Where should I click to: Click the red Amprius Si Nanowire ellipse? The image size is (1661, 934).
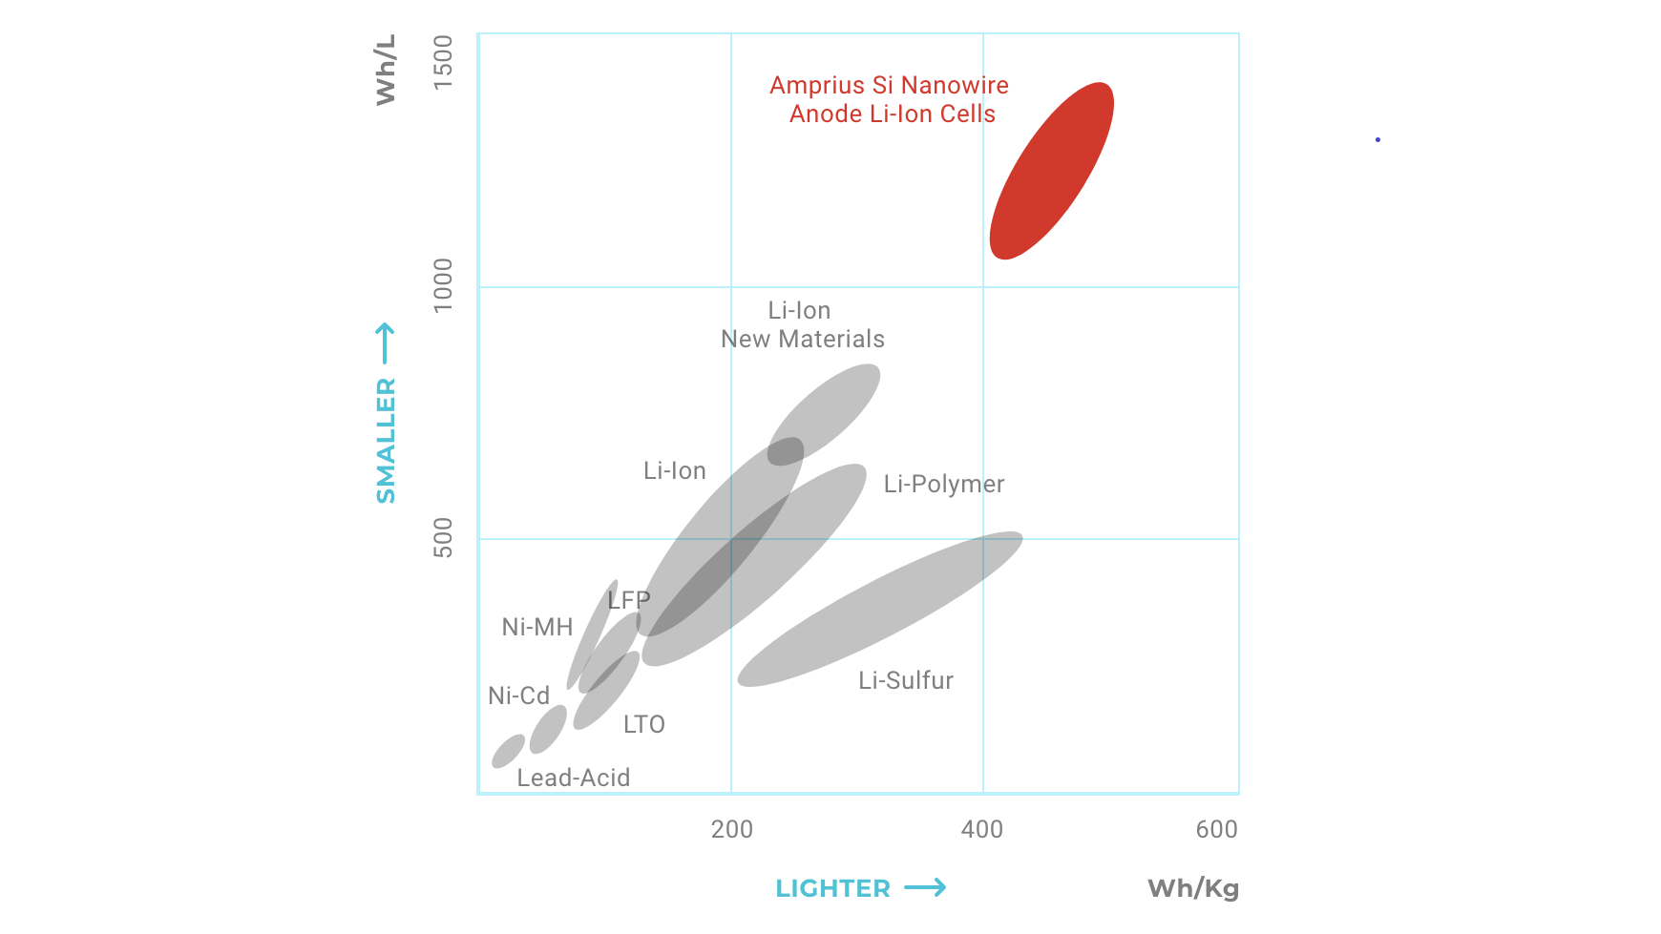point(1051,171)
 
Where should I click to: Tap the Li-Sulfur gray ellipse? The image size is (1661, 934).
point(879,610)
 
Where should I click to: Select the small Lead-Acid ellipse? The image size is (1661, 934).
point(508,751)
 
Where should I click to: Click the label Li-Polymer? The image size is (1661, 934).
point(943,485)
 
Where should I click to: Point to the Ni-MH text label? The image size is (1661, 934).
point(537,628)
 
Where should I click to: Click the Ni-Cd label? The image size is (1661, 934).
point(518,696)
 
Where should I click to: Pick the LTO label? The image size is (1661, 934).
point(643,725)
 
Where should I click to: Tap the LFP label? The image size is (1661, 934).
point(629,601)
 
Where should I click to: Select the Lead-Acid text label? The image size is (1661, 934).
point(573,778)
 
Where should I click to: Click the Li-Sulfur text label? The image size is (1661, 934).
point(905,681)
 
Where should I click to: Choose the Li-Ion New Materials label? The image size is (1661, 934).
point(802,325)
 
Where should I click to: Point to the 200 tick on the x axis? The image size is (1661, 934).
point(731,830)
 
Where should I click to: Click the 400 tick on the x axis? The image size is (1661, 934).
point(981,830)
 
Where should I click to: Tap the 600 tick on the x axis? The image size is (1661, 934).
point(1216,830)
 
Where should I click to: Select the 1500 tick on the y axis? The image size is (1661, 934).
point(443,62)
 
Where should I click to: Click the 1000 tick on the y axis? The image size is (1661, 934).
point(443,284)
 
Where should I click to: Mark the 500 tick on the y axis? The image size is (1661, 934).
point(443,538)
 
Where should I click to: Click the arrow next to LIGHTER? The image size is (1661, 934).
point(925,888)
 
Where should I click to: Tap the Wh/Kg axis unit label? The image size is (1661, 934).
point(1192,889)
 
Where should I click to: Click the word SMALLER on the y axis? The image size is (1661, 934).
point(386,440)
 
